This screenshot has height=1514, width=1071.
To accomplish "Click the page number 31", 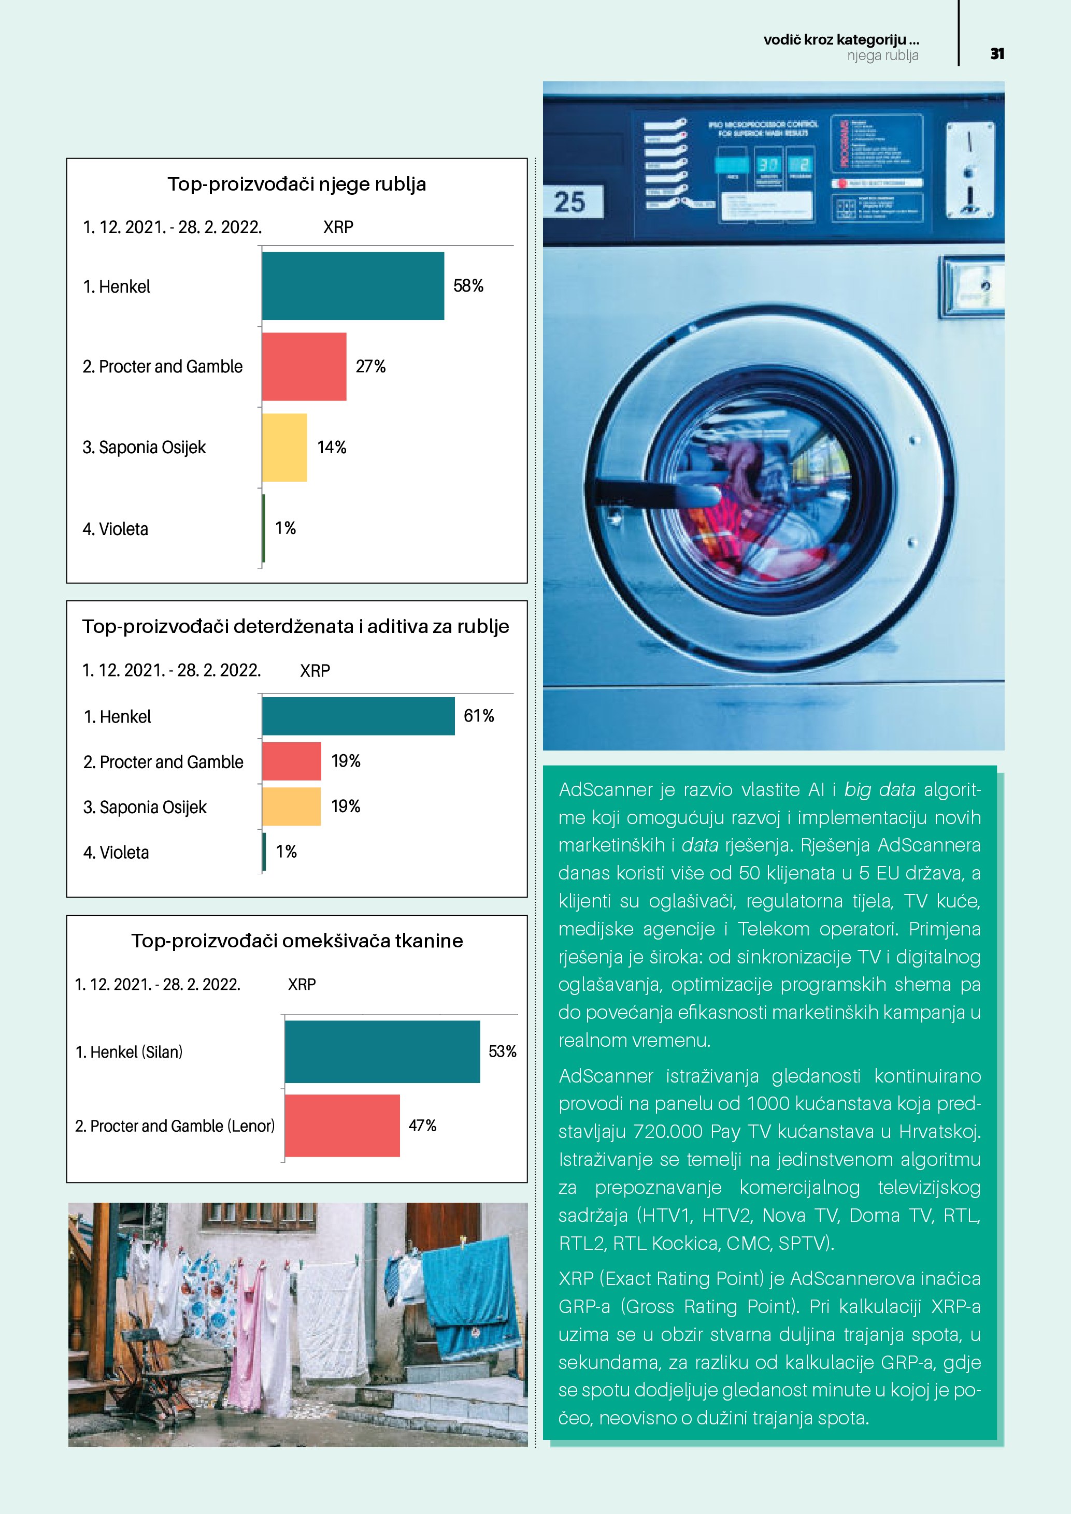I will [996, 54].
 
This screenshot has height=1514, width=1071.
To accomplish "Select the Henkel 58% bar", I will [353, 286].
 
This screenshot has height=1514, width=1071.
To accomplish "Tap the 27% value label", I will [370, 367].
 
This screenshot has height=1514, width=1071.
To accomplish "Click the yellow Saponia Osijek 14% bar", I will [284, 448].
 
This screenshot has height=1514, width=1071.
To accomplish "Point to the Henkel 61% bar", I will [358, 716].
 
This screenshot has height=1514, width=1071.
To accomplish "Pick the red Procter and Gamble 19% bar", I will [292, 761].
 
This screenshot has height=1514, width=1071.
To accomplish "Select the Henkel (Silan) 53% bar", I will [382, 1052].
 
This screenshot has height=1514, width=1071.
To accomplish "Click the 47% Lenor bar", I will [342, 1126].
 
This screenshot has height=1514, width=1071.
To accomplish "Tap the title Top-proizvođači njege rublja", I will [297, 184].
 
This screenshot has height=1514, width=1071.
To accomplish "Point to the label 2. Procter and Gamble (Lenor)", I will [175, 1126].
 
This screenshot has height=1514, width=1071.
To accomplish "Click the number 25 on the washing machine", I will [570, 202].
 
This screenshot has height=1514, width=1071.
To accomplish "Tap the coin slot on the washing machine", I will [969, 170].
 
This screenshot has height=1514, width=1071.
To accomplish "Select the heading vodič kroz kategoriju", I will [841, 39].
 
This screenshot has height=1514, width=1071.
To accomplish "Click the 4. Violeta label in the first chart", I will [116, 529].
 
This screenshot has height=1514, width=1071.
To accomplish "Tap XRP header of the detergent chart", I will [315, 671].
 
